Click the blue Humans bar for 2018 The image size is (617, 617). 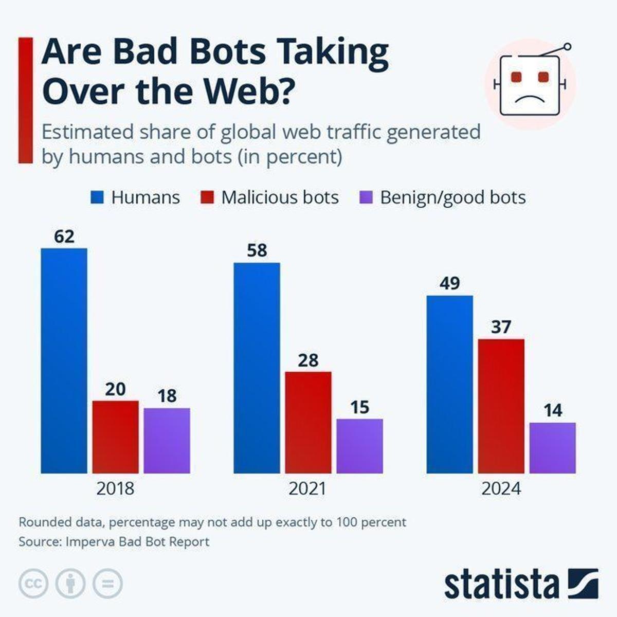(x=64, y=360)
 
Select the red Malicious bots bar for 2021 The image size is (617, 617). (x=308, y=422)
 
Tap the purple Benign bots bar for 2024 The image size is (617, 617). (x=552, y=447)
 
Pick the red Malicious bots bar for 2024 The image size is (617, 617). (x=501, y=406)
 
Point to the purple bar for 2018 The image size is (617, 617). (x=167, y=440)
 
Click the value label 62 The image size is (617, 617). (x=64, y=237)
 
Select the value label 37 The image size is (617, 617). (x=501, y=327)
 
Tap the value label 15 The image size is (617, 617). (x=359, y=407)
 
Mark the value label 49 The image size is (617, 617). (x=449, y=283)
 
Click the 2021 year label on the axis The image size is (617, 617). (x=307, y=488)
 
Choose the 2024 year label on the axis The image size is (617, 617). (x=501, y=488)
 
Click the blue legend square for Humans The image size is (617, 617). (x=97, y=197)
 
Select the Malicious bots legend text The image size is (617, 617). (x=280, y=197)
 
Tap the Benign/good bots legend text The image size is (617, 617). (x=452, y=197)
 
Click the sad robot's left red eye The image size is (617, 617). (x=516, y=77)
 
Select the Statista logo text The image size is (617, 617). (x=501, y=584)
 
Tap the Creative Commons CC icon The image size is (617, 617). (x=33, y=584)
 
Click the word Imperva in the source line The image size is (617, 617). (x=90, y=541)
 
